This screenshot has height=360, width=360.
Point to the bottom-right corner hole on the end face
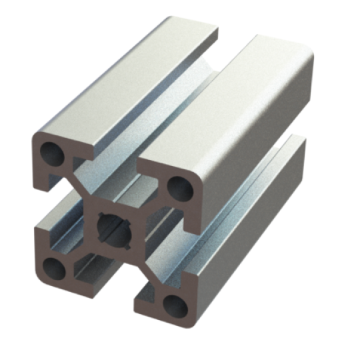point(175,305)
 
